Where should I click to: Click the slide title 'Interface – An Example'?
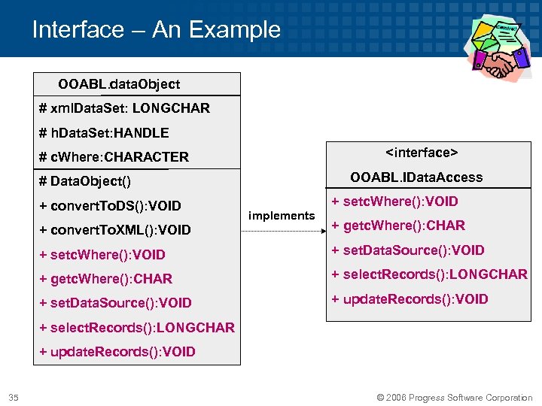(156, 30)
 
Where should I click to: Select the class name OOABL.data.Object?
(119, 83)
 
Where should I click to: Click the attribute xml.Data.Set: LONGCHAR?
(124, 108)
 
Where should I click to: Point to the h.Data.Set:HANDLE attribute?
(104, 133)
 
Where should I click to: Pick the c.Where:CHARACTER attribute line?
(114, 157)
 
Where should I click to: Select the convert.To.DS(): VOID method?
(110, 206)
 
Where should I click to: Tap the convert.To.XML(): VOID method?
(115, 230)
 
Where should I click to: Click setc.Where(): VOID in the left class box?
(102, 255)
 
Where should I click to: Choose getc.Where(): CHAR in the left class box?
(105, 279)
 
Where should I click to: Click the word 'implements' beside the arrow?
(282, 216)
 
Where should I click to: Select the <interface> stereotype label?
(422, 153)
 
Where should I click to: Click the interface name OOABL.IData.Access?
(416, 177)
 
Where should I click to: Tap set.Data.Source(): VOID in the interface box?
(408, 250)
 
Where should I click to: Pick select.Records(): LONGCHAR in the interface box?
(429, 274)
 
